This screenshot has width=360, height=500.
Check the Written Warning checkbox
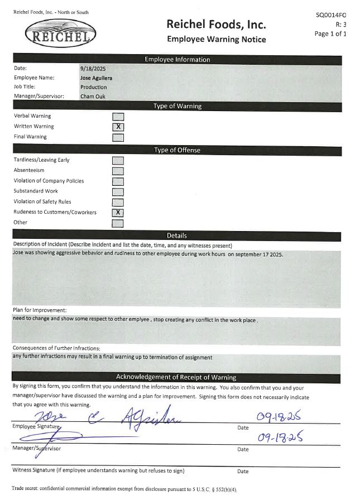118,127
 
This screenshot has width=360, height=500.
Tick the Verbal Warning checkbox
118,117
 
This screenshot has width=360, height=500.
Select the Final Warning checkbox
118,137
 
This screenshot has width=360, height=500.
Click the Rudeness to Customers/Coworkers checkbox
118,213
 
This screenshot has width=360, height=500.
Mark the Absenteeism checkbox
118,171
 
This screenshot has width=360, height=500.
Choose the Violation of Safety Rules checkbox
118,202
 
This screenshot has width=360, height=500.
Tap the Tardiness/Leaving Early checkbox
118,161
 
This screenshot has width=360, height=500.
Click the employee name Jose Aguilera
96,78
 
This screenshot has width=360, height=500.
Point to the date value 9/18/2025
93,68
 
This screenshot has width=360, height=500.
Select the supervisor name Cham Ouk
93,97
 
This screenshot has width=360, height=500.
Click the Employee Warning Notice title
216,39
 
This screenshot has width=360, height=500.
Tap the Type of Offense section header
177,150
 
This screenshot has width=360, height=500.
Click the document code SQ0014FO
331,15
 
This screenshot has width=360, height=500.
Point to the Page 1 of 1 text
330,33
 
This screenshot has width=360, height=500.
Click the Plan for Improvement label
40,310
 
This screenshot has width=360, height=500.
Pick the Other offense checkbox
118,223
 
